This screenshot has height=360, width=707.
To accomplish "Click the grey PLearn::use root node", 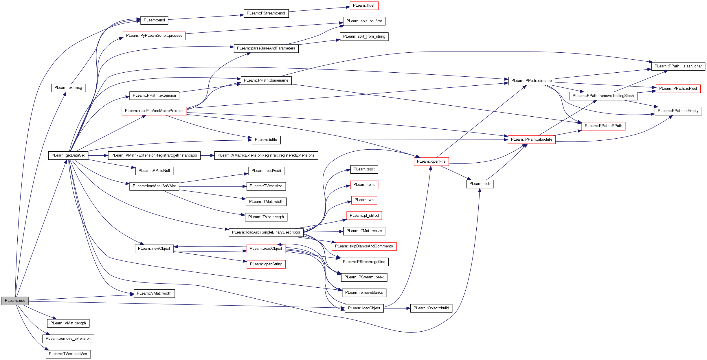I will tap(15, 301).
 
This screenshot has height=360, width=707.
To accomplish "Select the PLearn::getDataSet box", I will tap(68, 155).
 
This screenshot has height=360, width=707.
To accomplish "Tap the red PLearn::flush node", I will tap(364, 5).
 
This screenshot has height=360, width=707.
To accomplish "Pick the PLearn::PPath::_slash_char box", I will tap(678, 66).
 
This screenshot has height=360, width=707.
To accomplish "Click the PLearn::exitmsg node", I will tap(68, 88).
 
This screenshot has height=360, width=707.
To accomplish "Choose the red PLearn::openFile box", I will tap(431, 161).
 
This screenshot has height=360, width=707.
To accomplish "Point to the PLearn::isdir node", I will tap(480, 184).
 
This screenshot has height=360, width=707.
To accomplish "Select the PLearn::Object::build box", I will tap(431, 308).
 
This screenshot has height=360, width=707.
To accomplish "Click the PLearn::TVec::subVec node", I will tap(68, 354).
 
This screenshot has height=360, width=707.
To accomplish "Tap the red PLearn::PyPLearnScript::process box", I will tap(154, 36).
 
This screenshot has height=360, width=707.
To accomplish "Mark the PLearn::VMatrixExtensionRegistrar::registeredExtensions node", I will tap(266, 155).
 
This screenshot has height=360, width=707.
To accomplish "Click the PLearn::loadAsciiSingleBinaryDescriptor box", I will tap(266, 232).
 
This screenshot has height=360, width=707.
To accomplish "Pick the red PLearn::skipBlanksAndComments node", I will tap(364, 246).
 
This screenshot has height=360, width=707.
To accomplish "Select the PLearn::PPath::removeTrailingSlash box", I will tap(603, 96).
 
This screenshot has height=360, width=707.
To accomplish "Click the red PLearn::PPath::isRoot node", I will tap(678, 89).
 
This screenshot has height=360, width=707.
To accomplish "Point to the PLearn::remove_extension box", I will tap(68, 339).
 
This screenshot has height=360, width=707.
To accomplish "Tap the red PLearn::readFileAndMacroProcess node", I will tap(154, 111).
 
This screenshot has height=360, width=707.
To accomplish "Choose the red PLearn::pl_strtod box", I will tap(364, 216).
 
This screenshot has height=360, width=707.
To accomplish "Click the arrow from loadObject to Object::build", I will tap(397, 308).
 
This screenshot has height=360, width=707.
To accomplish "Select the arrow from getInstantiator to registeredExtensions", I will tap(207, 155).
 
